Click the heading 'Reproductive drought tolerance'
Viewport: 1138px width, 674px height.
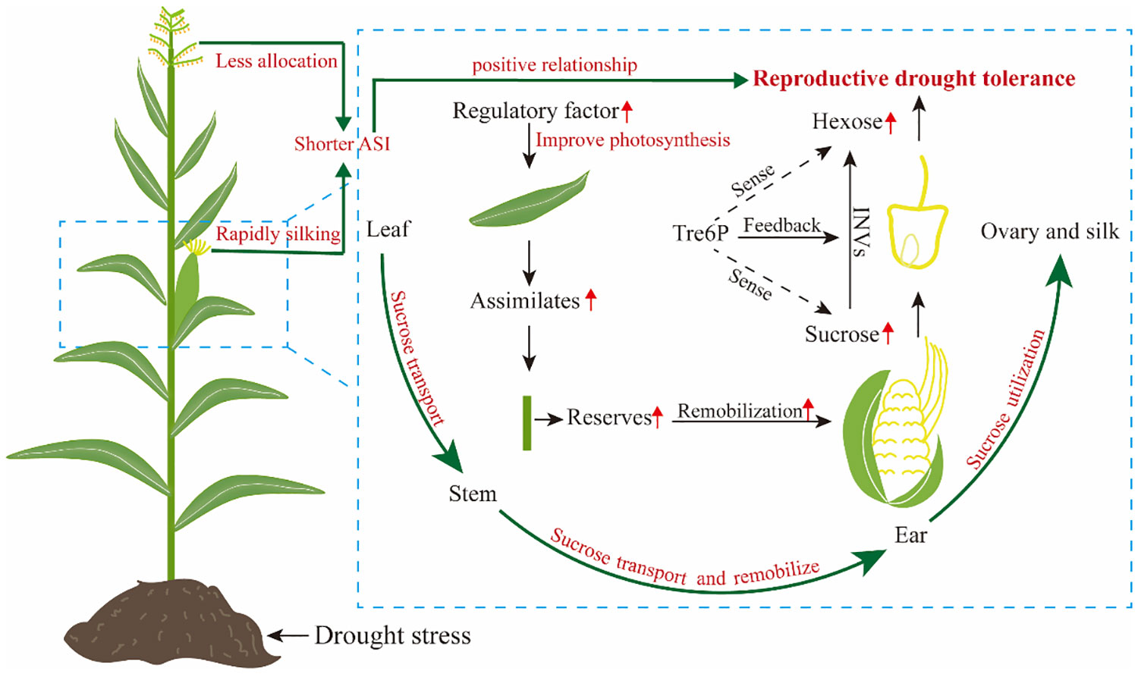(914, 79)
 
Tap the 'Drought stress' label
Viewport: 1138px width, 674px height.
(393, 635)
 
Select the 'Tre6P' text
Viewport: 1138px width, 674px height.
(700, 233)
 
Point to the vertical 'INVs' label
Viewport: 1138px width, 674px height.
(862, 232)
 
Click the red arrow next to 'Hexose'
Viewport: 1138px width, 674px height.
(891, 124)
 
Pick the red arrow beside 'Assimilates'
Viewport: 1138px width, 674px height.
(590, 300)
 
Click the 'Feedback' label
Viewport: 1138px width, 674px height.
(782, 225)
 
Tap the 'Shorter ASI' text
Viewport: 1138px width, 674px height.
(342, 144)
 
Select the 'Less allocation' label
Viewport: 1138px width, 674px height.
(276, 61)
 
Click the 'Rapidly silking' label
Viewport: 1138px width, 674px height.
(278, 234)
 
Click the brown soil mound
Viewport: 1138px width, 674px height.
(171, 621)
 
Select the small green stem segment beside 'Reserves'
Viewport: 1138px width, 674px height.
(527, 423)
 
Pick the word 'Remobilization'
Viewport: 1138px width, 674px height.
(740, 411)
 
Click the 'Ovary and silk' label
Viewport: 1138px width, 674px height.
(1049, 231)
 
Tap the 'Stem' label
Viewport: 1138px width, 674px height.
(473, 494)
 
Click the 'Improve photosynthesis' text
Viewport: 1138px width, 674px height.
(633, 140)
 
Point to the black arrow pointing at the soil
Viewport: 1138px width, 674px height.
(288, 635)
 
